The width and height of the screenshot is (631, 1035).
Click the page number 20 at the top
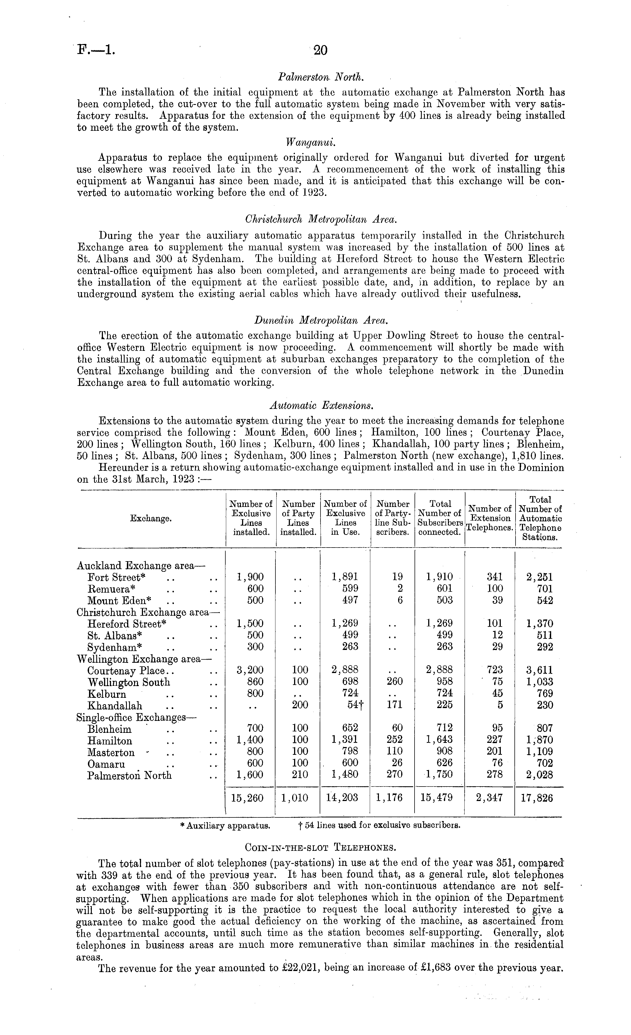point(320,50)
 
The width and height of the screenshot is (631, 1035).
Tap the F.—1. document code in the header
point(96,50)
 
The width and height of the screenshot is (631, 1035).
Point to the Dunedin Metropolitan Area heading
point(321,321)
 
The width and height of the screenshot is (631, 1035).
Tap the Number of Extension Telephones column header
point(490,518)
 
